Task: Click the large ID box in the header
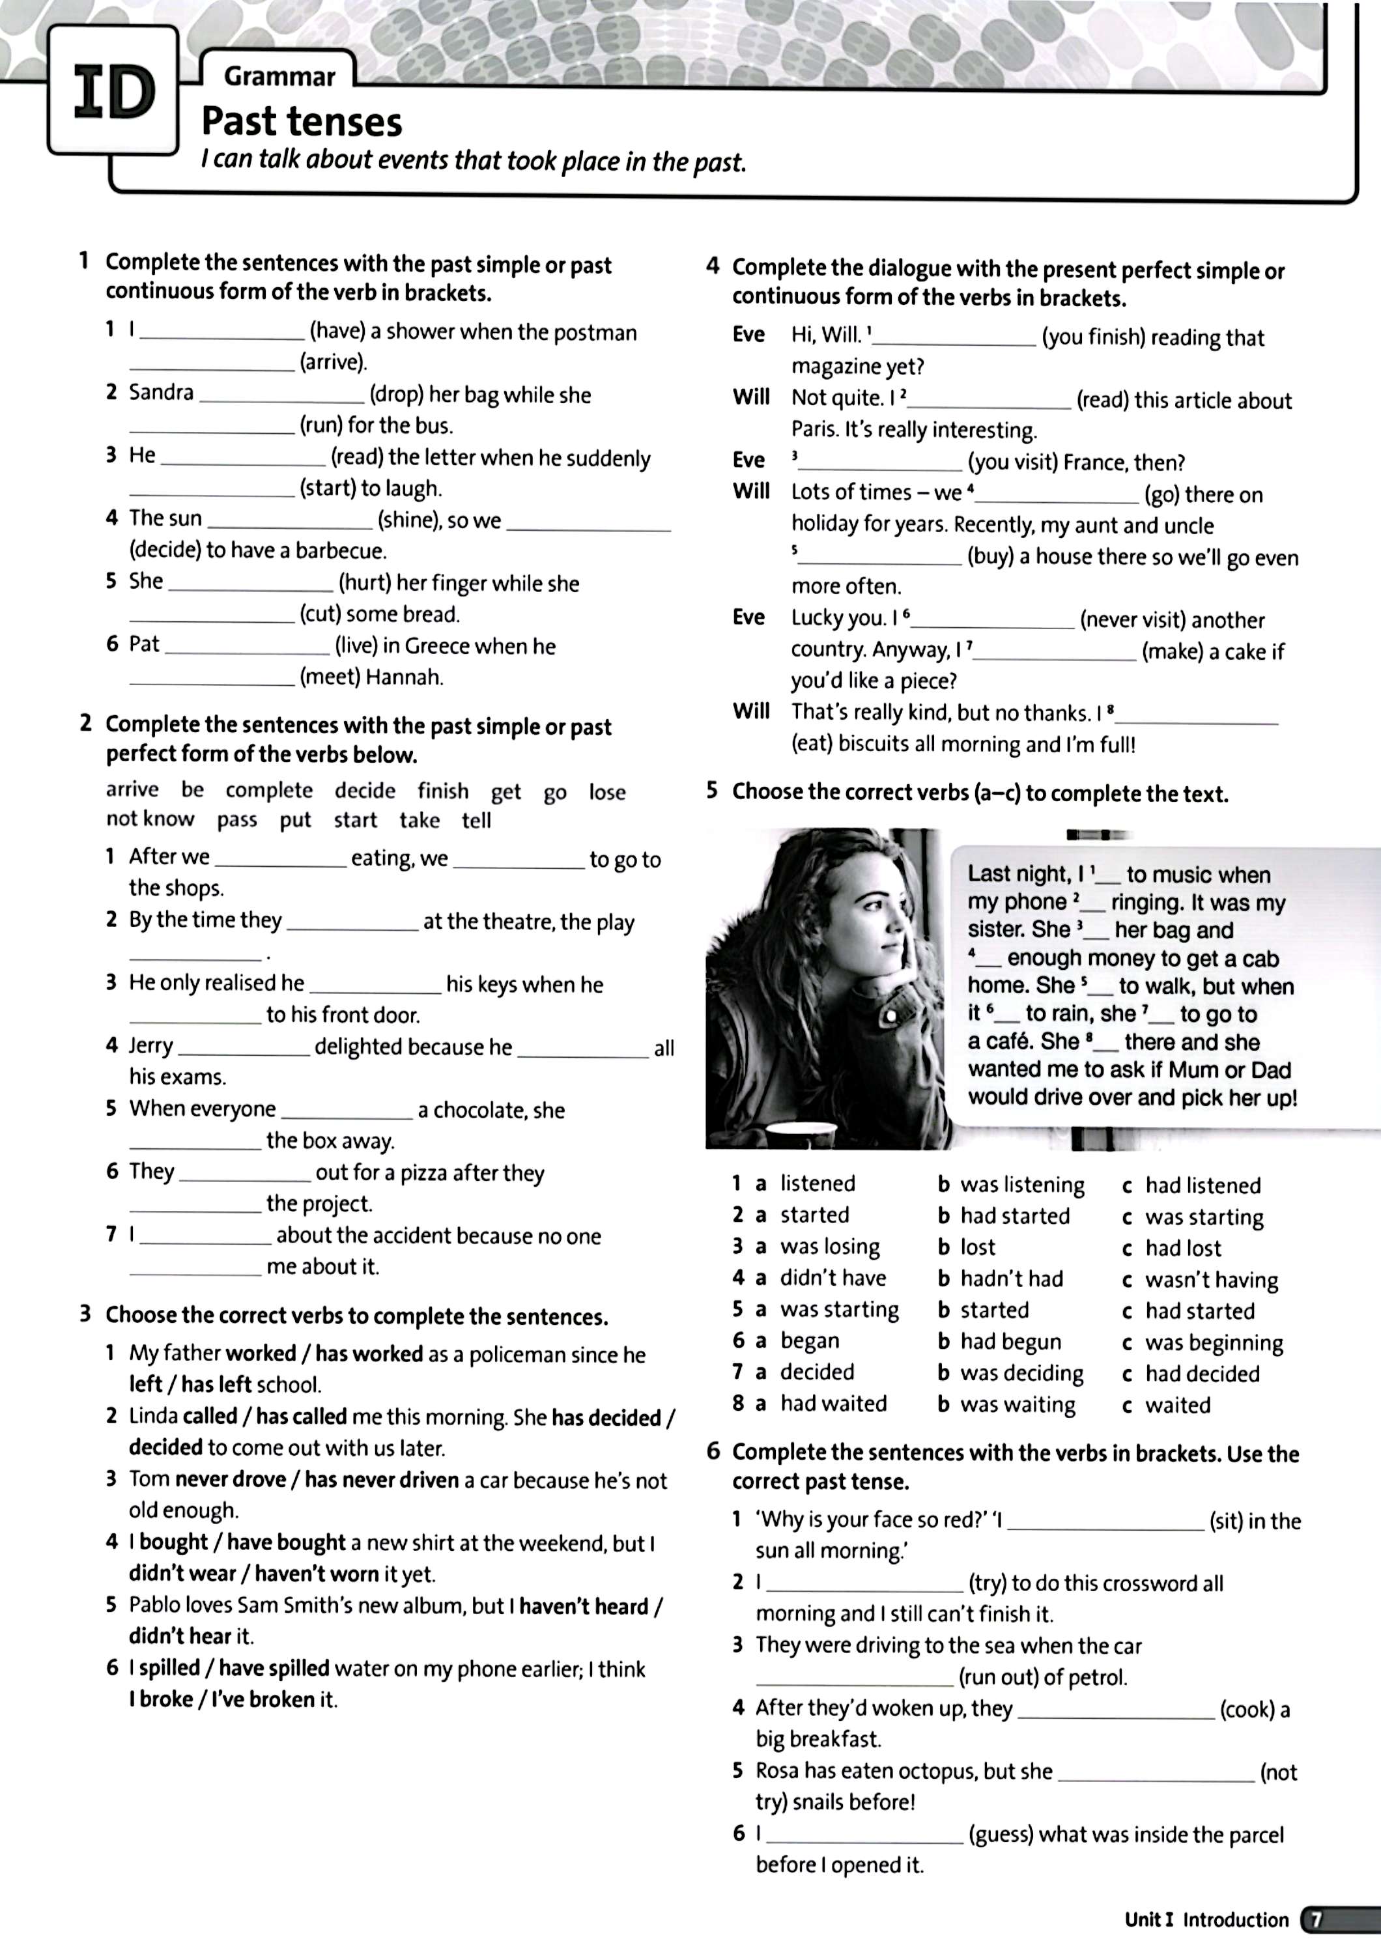click(x=113, y=91)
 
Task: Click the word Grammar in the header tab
click(x=279, y=77)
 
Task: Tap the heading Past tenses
click(x=301, y=122)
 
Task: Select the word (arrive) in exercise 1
click(x=333, y=363)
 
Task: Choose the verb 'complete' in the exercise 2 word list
click(x=269, y=791)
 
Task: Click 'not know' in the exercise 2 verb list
click(x=150, y=819)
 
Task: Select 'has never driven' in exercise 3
click(x=381, y=1480)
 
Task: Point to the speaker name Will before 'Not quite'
click(x=750, y=397)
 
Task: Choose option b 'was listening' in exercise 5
click(x=1022, y=1185)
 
